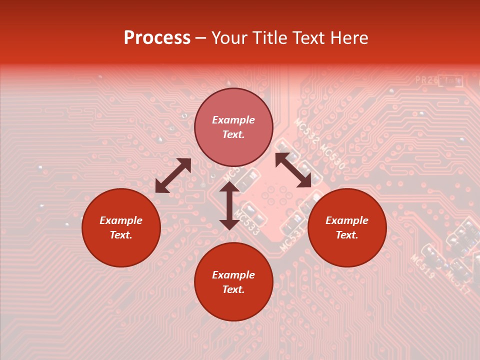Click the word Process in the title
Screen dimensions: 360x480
point(157,37)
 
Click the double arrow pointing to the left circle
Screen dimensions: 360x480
point(173,175)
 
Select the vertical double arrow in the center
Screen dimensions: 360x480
point(229,205)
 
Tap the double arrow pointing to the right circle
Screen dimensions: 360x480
point(293,170)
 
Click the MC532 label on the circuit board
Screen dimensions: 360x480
point(306,131)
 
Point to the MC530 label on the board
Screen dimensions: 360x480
point(332,156)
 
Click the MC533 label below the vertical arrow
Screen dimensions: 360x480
point(246,223)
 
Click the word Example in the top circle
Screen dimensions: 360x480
point(233,120)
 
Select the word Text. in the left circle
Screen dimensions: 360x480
point(121,235)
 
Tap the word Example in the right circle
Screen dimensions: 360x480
point(347,220)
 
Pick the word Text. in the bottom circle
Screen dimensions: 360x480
point(233,289)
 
